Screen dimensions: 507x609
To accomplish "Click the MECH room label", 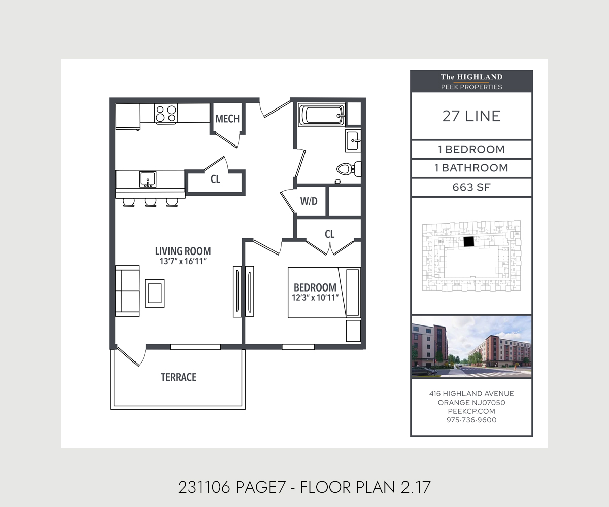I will click(227, 119).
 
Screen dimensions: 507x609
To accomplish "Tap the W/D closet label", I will click(309, 201).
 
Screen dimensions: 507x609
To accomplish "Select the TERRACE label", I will click(179, 377).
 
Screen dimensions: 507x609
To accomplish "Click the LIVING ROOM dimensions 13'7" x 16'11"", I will click(183, 262).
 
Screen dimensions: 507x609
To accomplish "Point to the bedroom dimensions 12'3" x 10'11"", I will click(315, 298).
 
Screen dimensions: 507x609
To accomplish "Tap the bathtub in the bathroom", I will click(322, 115).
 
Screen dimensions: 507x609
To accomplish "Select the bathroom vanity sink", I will click(354, 140).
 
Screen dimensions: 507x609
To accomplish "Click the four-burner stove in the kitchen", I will click(166, 114).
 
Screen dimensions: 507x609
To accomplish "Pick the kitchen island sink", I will click(148, 179).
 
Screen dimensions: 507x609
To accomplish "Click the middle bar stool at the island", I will click(150, 202).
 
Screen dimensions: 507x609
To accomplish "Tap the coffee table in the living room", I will click(154, 293).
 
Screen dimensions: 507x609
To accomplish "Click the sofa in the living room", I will click(127, 291).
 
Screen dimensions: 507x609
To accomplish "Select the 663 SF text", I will click(471, 187).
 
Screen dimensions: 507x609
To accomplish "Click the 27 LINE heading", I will click(471, 116).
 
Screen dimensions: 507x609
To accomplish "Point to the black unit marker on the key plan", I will click(469, 242).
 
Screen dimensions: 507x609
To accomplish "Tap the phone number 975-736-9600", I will click(471, 420).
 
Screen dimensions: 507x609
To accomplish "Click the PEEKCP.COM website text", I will click(471, 411).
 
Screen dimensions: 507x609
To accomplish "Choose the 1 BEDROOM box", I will click(471, 150).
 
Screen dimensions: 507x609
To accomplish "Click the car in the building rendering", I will click(424, 371).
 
